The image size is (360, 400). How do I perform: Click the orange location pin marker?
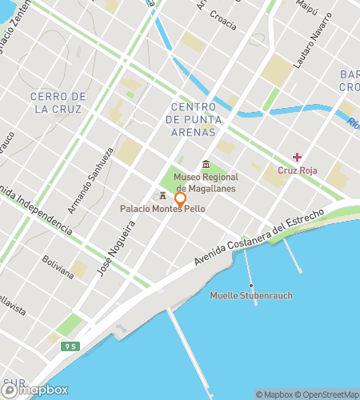(x=180, y=200)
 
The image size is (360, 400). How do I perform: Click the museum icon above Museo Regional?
(x=206, y=165)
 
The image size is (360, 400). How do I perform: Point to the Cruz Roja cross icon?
(x=297, y=157)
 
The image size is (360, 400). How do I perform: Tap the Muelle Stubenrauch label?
(x=251, y=296)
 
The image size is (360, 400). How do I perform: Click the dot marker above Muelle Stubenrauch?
(x=251, y=285)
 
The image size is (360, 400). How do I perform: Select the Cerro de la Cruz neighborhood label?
(x=58, y=102)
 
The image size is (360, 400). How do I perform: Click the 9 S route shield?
(x=72, y=346)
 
